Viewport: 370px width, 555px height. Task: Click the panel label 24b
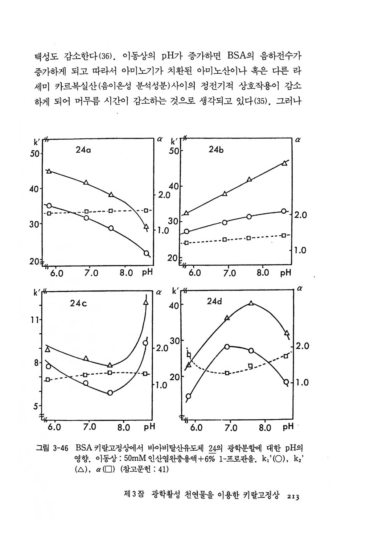216,150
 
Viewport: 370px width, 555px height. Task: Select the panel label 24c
78,303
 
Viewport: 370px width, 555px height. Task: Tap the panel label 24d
214,302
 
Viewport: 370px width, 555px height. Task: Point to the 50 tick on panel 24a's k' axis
35,153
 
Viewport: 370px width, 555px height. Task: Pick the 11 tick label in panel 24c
35,320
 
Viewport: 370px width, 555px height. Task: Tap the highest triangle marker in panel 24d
251,303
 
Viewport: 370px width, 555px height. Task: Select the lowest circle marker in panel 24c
110,393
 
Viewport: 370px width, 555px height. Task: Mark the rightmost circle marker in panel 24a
146,253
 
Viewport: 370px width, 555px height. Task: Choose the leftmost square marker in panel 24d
189,355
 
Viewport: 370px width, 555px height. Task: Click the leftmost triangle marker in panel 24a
49,171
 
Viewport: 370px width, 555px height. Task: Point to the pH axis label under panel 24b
286,273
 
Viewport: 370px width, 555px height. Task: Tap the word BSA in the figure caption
84,448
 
